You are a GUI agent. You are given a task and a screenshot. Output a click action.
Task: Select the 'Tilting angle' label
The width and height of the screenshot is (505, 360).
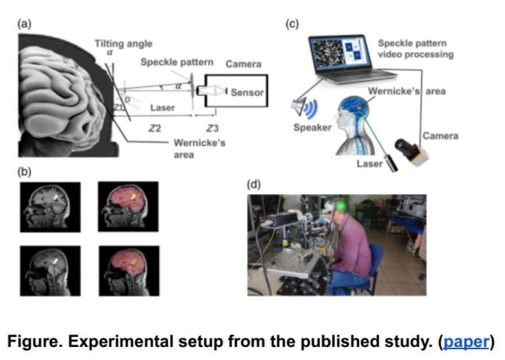124,44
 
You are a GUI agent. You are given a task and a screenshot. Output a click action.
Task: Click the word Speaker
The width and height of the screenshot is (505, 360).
312,127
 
